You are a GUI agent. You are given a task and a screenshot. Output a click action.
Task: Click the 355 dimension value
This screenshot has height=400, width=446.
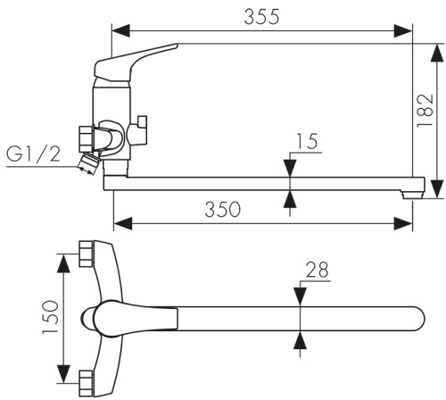click(261, 17)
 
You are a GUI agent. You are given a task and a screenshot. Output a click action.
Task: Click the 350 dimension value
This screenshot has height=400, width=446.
click(222, 209)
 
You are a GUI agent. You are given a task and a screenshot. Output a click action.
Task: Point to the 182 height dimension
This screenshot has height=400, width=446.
click(425, 111)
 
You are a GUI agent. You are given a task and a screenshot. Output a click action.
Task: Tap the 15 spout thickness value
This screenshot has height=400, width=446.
click(309, 141)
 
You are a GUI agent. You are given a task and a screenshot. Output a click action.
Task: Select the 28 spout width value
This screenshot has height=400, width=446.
click(318, 270)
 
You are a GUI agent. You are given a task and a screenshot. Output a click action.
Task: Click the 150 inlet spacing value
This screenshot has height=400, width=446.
click(50, 317)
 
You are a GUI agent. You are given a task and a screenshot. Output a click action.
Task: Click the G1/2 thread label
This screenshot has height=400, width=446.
click(33, 154)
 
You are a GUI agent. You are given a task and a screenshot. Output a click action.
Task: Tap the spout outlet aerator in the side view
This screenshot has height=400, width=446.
click(412, 195)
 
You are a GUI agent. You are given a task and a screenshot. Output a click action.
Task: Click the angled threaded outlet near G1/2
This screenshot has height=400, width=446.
click(88, 163)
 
